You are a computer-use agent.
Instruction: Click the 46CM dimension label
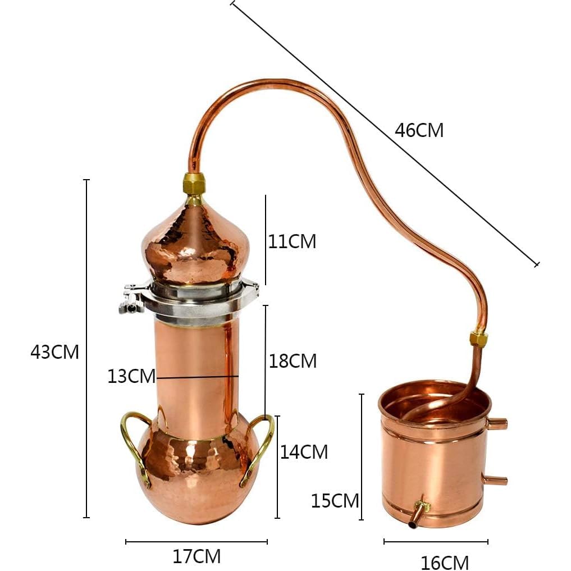click(419, 130)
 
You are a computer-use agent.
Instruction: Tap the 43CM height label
click(54, 352)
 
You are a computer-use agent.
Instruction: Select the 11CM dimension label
click(292, 241)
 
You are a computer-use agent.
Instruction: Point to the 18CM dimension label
click(293, 361)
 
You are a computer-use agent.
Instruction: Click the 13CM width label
click(131, 376)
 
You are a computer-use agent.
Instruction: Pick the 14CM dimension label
click(304, 451)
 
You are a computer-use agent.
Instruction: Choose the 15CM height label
click(335, 500)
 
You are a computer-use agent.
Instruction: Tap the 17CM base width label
click(196, 556)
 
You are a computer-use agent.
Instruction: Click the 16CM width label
click(444, 561)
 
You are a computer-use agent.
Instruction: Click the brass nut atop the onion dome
click(194, 184)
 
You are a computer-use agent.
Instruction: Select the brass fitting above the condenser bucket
click(478, 339)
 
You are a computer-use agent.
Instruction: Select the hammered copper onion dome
click(195, 244)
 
